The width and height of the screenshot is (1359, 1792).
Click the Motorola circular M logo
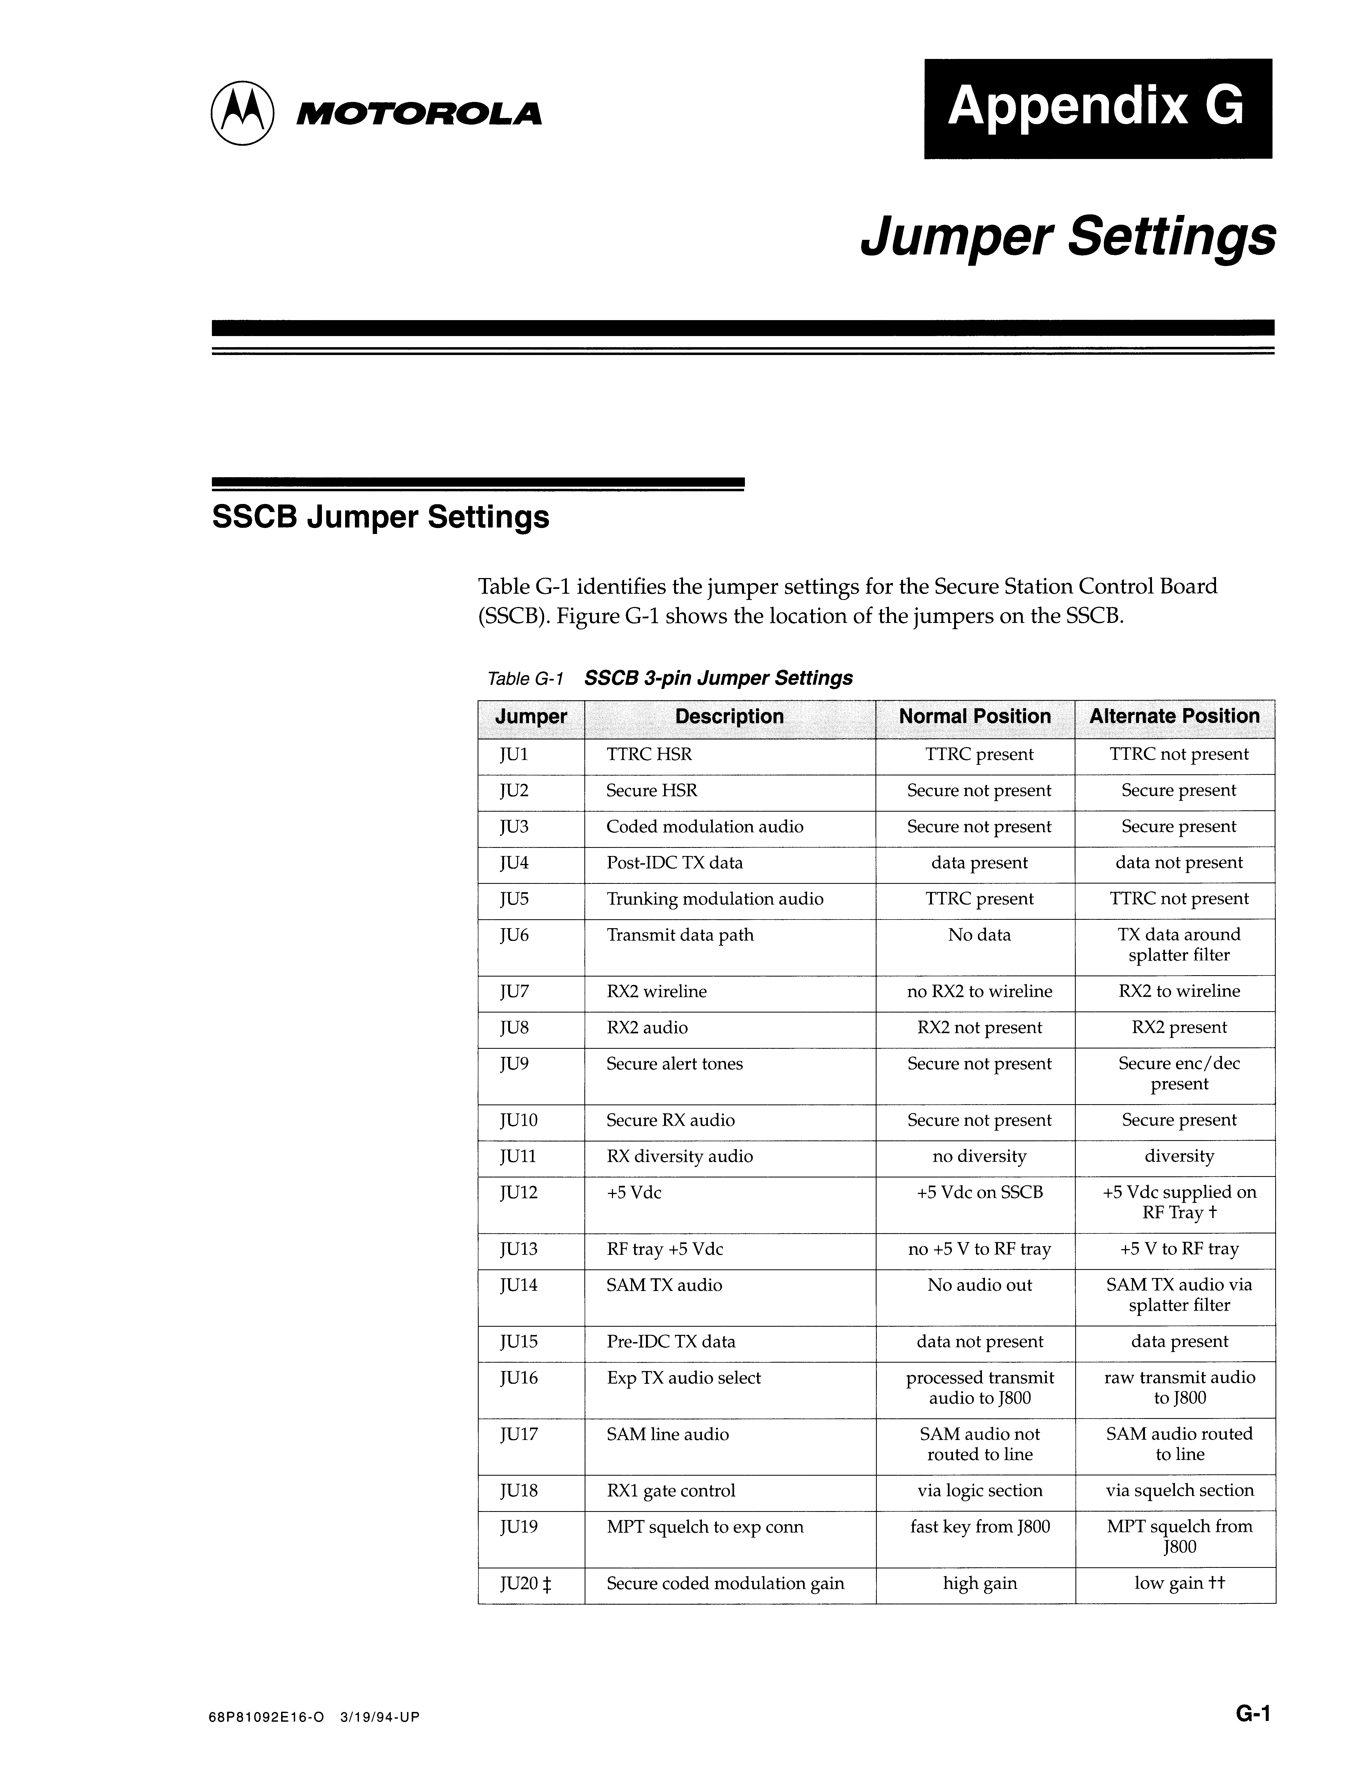click(242, 113)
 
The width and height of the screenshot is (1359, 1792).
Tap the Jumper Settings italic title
click(1067, 237)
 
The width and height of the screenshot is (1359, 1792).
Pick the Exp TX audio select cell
click(684, 1378)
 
